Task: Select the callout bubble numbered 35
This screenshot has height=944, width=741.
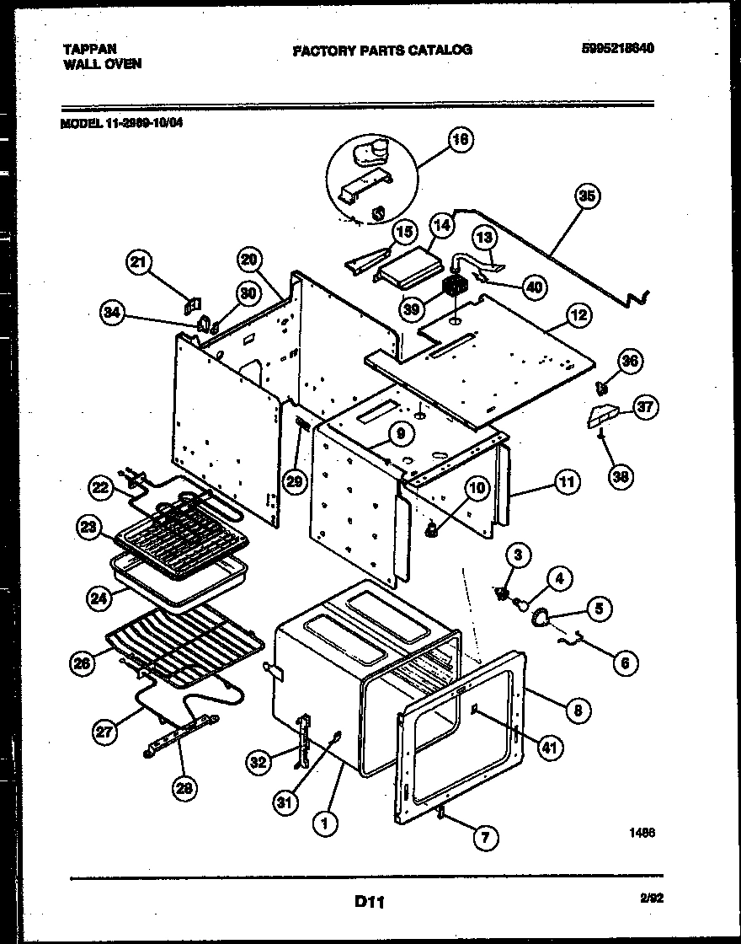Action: tap(587, 196)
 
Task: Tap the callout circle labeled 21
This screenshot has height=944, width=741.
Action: tap(141, 263)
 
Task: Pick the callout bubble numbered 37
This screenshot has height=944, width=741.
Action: tap(644, 408)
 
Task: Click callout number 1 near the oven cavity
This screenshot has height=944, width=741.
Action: tap(321, 823)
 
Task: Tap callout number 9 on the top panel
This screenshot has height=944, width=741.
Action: tap(401, 434)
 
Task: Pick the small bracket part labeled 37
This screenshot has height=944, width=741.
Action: tap(605, 416)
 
